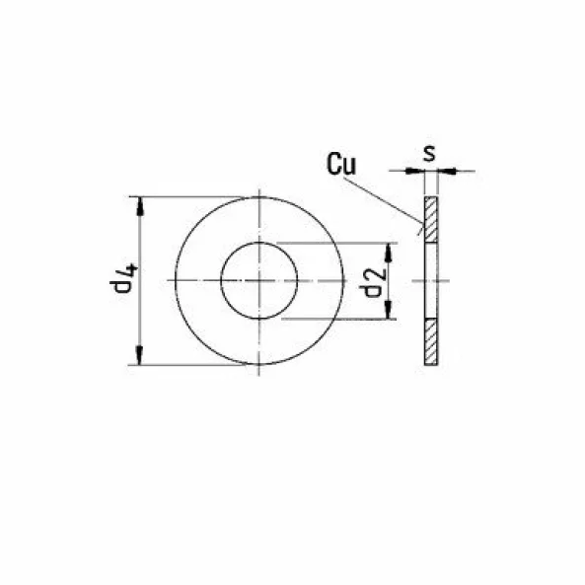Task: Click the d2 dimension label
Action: pyautogui.click(x=372, y=282)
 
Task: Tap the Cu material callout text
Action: pyautogui.click(x=342, y=165)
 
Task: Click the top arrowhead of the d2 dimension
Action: pyautogui.click(x=389, y=250)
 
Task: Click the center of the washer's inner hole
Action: pyautogui.click(x=257, y=281)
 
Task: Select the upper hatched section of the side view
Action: pyautogui.click(x=431, y=218)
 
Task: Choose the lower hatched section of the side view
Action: pyautogui.click(x=431, y=343)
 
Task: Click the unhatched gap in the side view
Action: pyautogui.click(x=431, y=281)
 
